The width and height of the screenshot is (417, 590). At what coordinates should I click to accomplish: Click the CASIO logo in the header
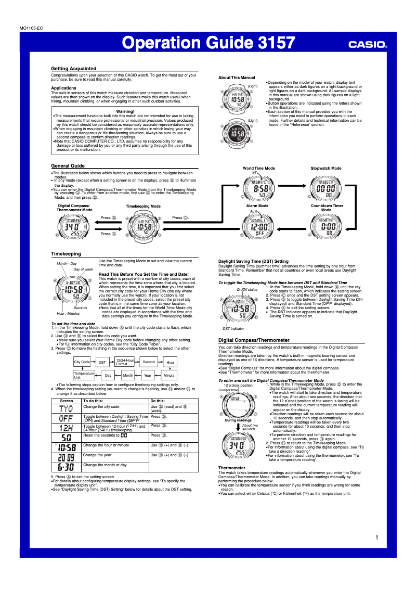click(x=367, y=45)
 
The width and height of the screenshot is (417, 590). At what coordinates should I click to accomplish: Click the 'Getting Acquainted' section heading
click(x=73, y=68)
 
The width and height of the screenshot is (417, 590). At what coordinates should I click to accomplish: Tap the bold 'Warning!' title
click(x=125, y=111)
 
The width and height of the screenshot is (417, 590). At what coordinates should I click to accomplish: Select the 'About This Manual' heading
click(x=233, y=78)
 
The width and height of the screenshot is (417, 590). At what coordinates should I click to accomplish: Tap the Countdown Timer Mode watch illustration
click(x=325, y=227)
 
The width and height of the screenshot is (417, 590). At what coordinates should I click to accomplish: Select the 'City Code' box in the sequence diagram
click(x=82, y=362)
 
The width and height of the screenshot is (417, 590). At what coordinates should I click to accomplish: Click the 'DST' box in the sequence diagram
click(x=102, y=362)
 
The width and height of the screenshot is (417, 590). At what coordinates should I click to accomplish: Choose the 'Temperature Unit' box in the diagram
click(x=84, y=375)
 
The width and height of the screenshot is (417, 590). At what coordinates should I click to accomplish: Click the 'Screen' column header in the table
click(x=67, y=401)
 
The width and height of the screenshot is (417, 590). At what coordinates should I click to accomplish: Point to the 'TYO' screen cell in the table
click(x=67, y=408)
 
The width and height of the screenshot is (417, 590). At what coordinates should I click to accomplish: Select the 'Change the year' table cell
click(x=97, y=455)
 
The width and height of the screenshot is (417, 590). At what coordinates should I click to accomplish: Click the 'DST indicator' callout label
click(x=233, y=329)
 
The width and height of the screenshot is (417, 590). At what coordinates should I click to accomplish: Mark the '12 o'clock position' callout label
click(x=238, y=385)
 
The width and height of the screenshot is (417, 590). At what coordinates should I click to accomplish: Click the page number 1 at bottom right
click(x=376, y=537)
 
